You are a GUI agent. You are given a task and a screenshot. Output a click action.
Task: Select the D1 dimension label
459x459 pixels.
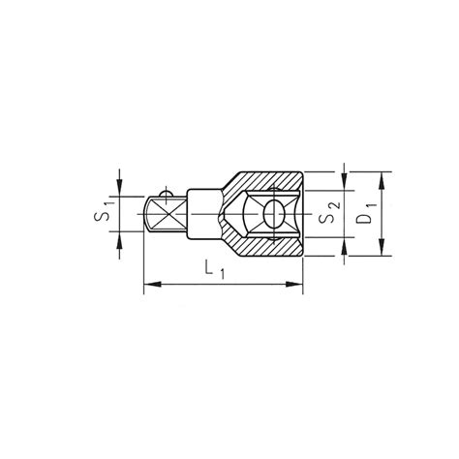tap(366, 213)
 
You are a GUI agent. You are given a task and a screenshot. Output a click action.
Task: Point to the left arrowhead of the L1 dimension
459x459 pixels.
tap(152, 285)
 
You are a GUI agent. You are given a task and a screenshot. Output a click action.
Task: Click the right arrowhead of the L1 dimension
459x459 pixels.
tap(294, 285)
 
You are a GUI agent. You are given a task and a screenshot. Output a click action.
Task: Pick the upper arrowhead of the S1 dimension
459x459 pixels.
tap(120, 188)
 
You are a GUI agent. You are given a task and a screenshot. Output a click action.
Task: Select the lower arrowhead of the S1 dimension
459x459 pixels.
tap(120, 239)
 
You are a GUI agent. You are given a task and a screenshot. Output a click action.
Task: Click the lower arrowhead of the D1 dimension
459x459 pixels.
tap(382, 247)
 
